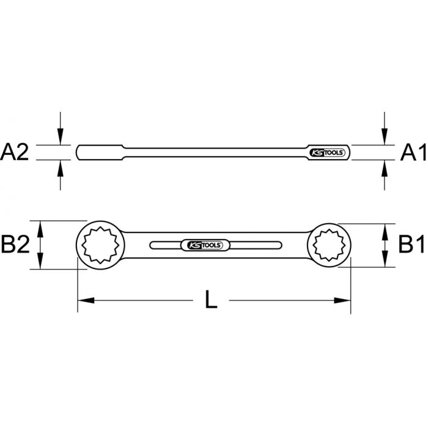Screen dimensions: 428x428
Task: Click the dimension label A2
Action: (x=15, y=152)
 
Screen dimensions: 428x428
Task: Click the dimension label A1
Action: (x=413, y=152)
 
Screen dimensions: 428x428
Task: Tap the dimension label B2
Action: (x=15, y=246)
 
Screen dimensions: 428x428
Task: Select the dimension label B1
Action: (x=412, y=246)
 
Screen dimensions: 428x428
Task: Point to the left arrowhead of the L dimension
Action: (x=83, y=300)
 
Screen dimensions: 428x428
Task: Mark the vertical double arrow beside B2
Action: (x=41, y=245)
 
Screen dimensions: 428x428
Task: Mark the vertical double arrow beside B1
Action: (x=385, y=245)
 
